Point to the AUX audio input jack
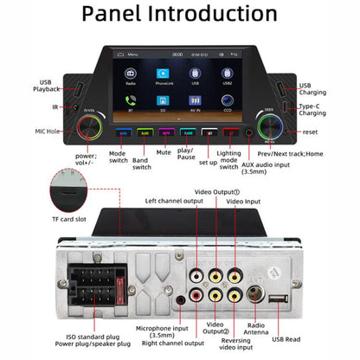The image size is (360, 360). (x=249, y=133)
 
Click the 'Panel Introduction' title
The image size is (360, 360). (x=179, y=17)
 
